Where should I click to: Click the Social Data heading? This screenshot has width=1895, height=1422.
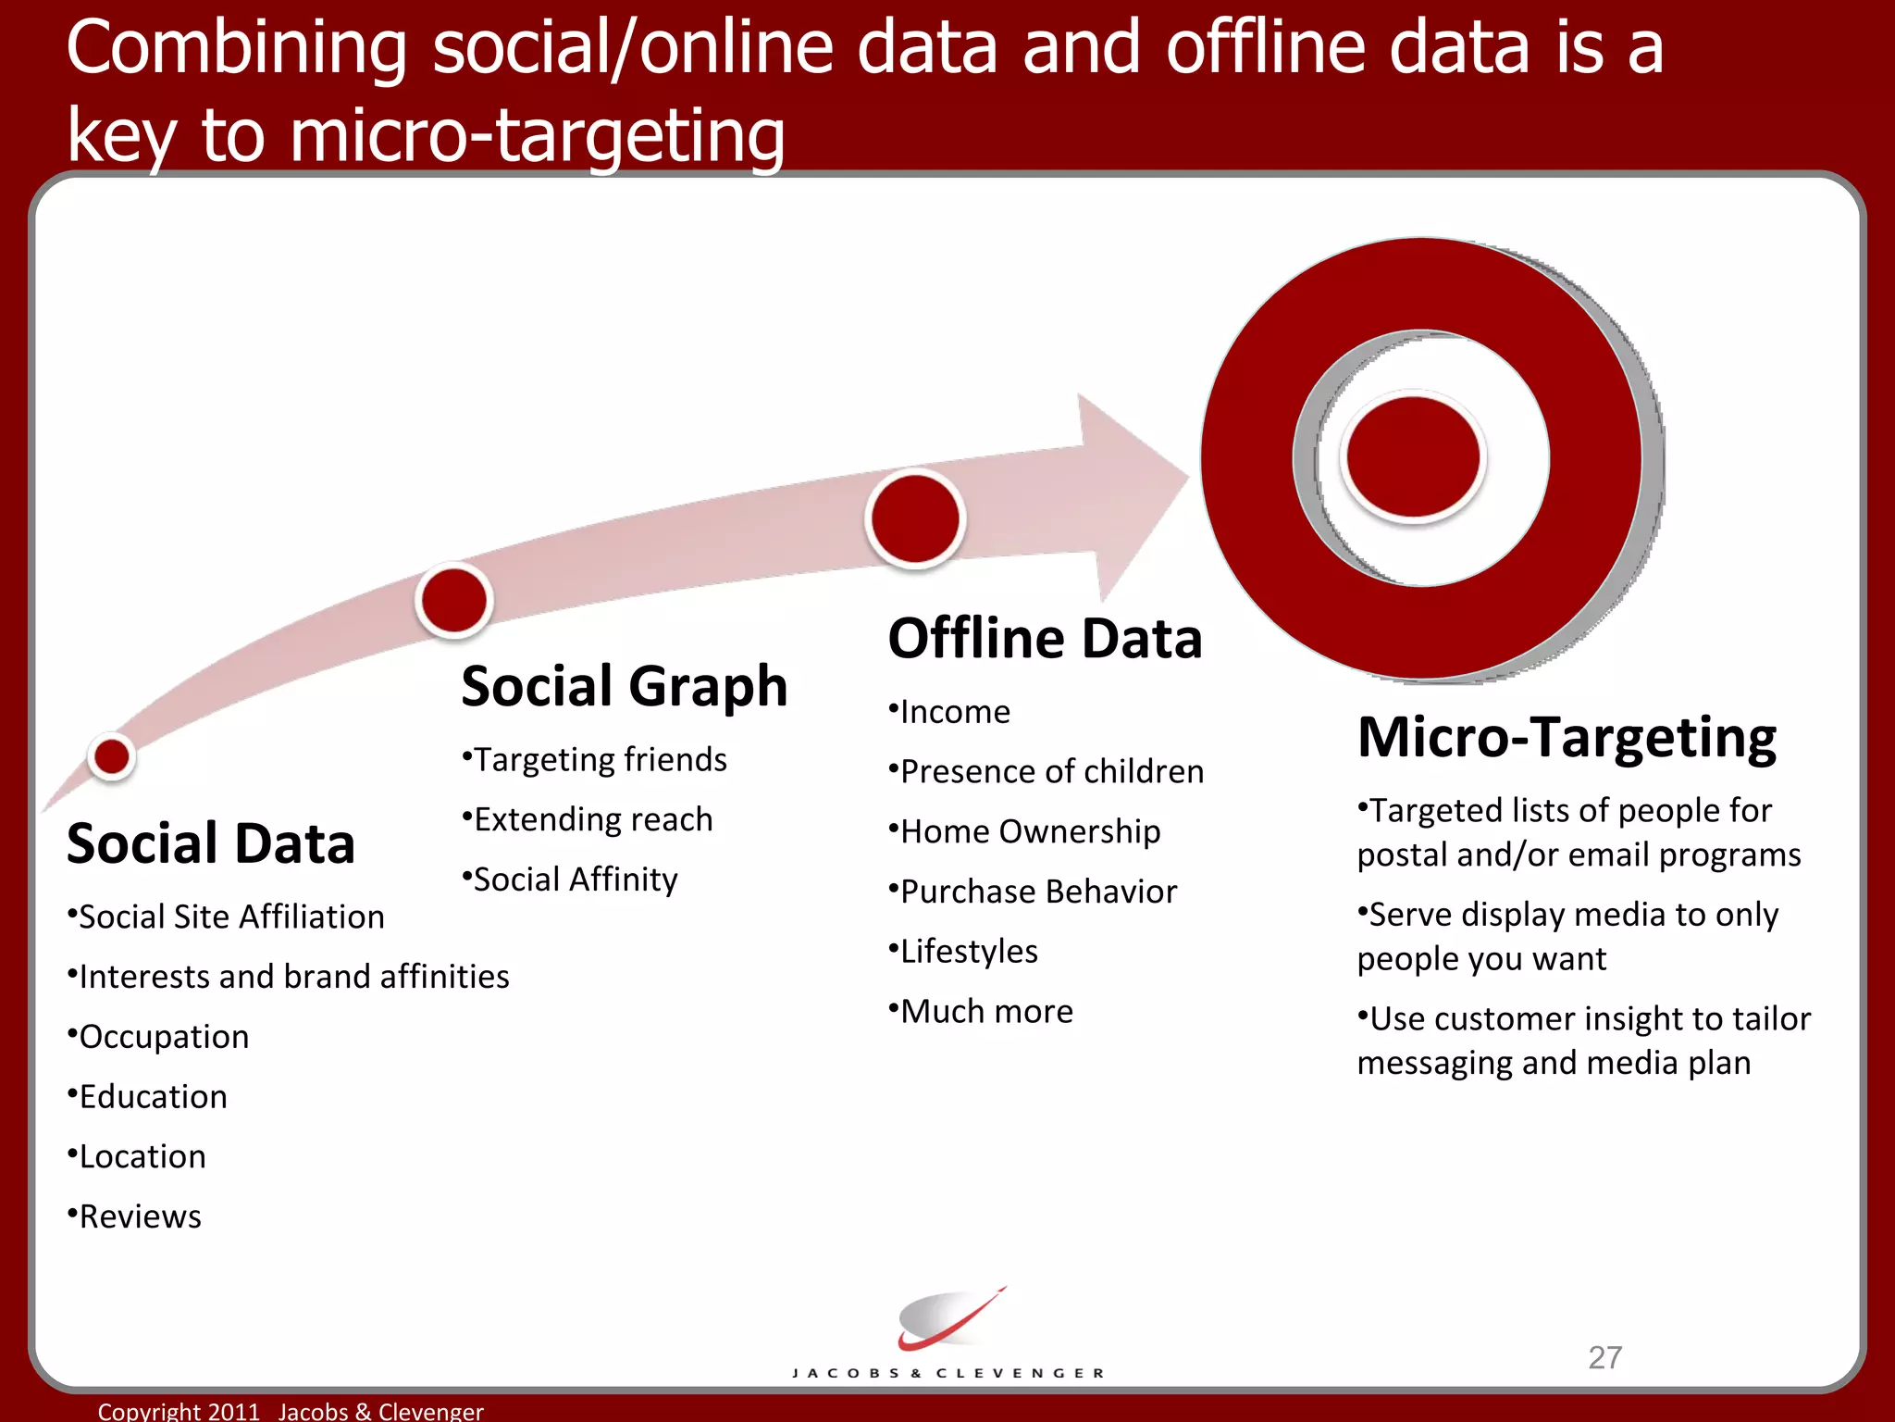211,843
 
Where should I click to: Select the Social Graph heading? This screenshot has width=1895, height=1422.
624,687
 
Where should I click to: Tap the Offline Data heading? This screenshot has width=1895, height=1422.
1045,639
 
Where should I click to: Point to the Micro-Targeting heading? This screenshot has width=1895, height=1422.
1567,738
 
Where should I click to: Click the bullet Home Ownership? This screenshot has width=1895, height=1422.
1029,831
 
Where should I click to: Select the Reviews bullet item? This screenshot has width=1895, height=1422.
139,1216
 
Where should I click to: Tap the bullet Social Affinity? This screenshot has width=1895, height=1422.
574,879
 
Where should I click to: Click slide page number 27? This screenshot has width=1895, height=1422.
1604,1357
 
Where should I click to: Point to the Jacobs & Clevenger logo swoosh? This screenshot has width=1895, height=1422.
948,1319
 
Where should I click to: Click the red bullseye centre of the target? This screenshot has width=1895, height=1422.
1413,456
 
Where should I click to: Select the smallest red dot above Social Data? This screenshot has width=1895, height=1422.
112,756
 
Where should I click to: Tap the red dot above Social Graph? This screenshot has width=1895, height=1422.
453,600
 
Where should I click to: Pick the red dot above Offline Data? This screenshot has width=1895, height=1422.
915,518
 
